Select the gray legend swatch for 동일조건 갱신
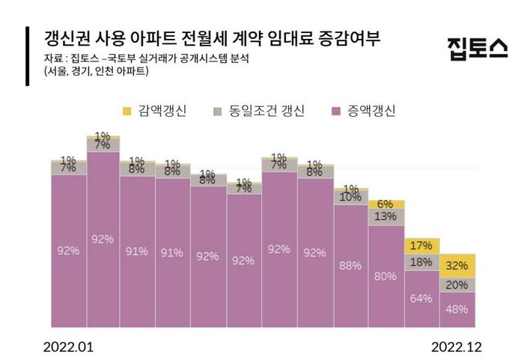pyautogui.click(x=218, y=112)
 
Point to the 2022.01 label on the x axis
pyautogui.click(x=69, y=347)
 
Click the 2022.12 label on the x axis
pyautogui.click(x=456, y=347)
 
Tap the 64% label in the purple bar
pyautogui.click(x=421, y=299)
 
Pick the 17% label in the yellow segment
pyautogui.click(x=421, y=245)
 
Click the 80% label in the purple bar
pyautogui.click(x=386, y=276)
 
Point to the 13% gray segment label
pyautogui.click(x=386, y=216)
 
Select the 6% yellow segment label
pyautogui.click(x=386, y=204)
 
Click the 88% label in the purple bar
pyautogui.click(x=350, y=265)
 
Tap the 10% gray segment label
pyautogui.click(x=350, y=197)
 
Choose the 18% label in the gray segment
pyautogui.click(x=421, y=262)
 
